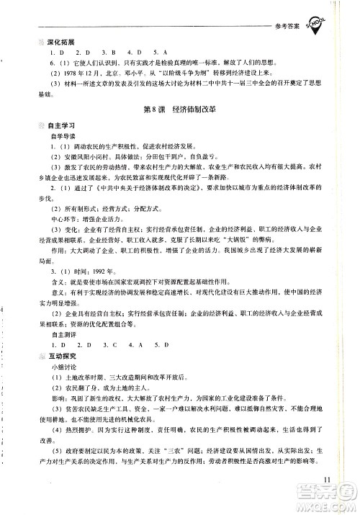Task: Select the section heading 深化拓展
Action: [40, 42]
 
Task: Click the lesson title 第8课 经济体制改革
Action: [180, 109]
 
